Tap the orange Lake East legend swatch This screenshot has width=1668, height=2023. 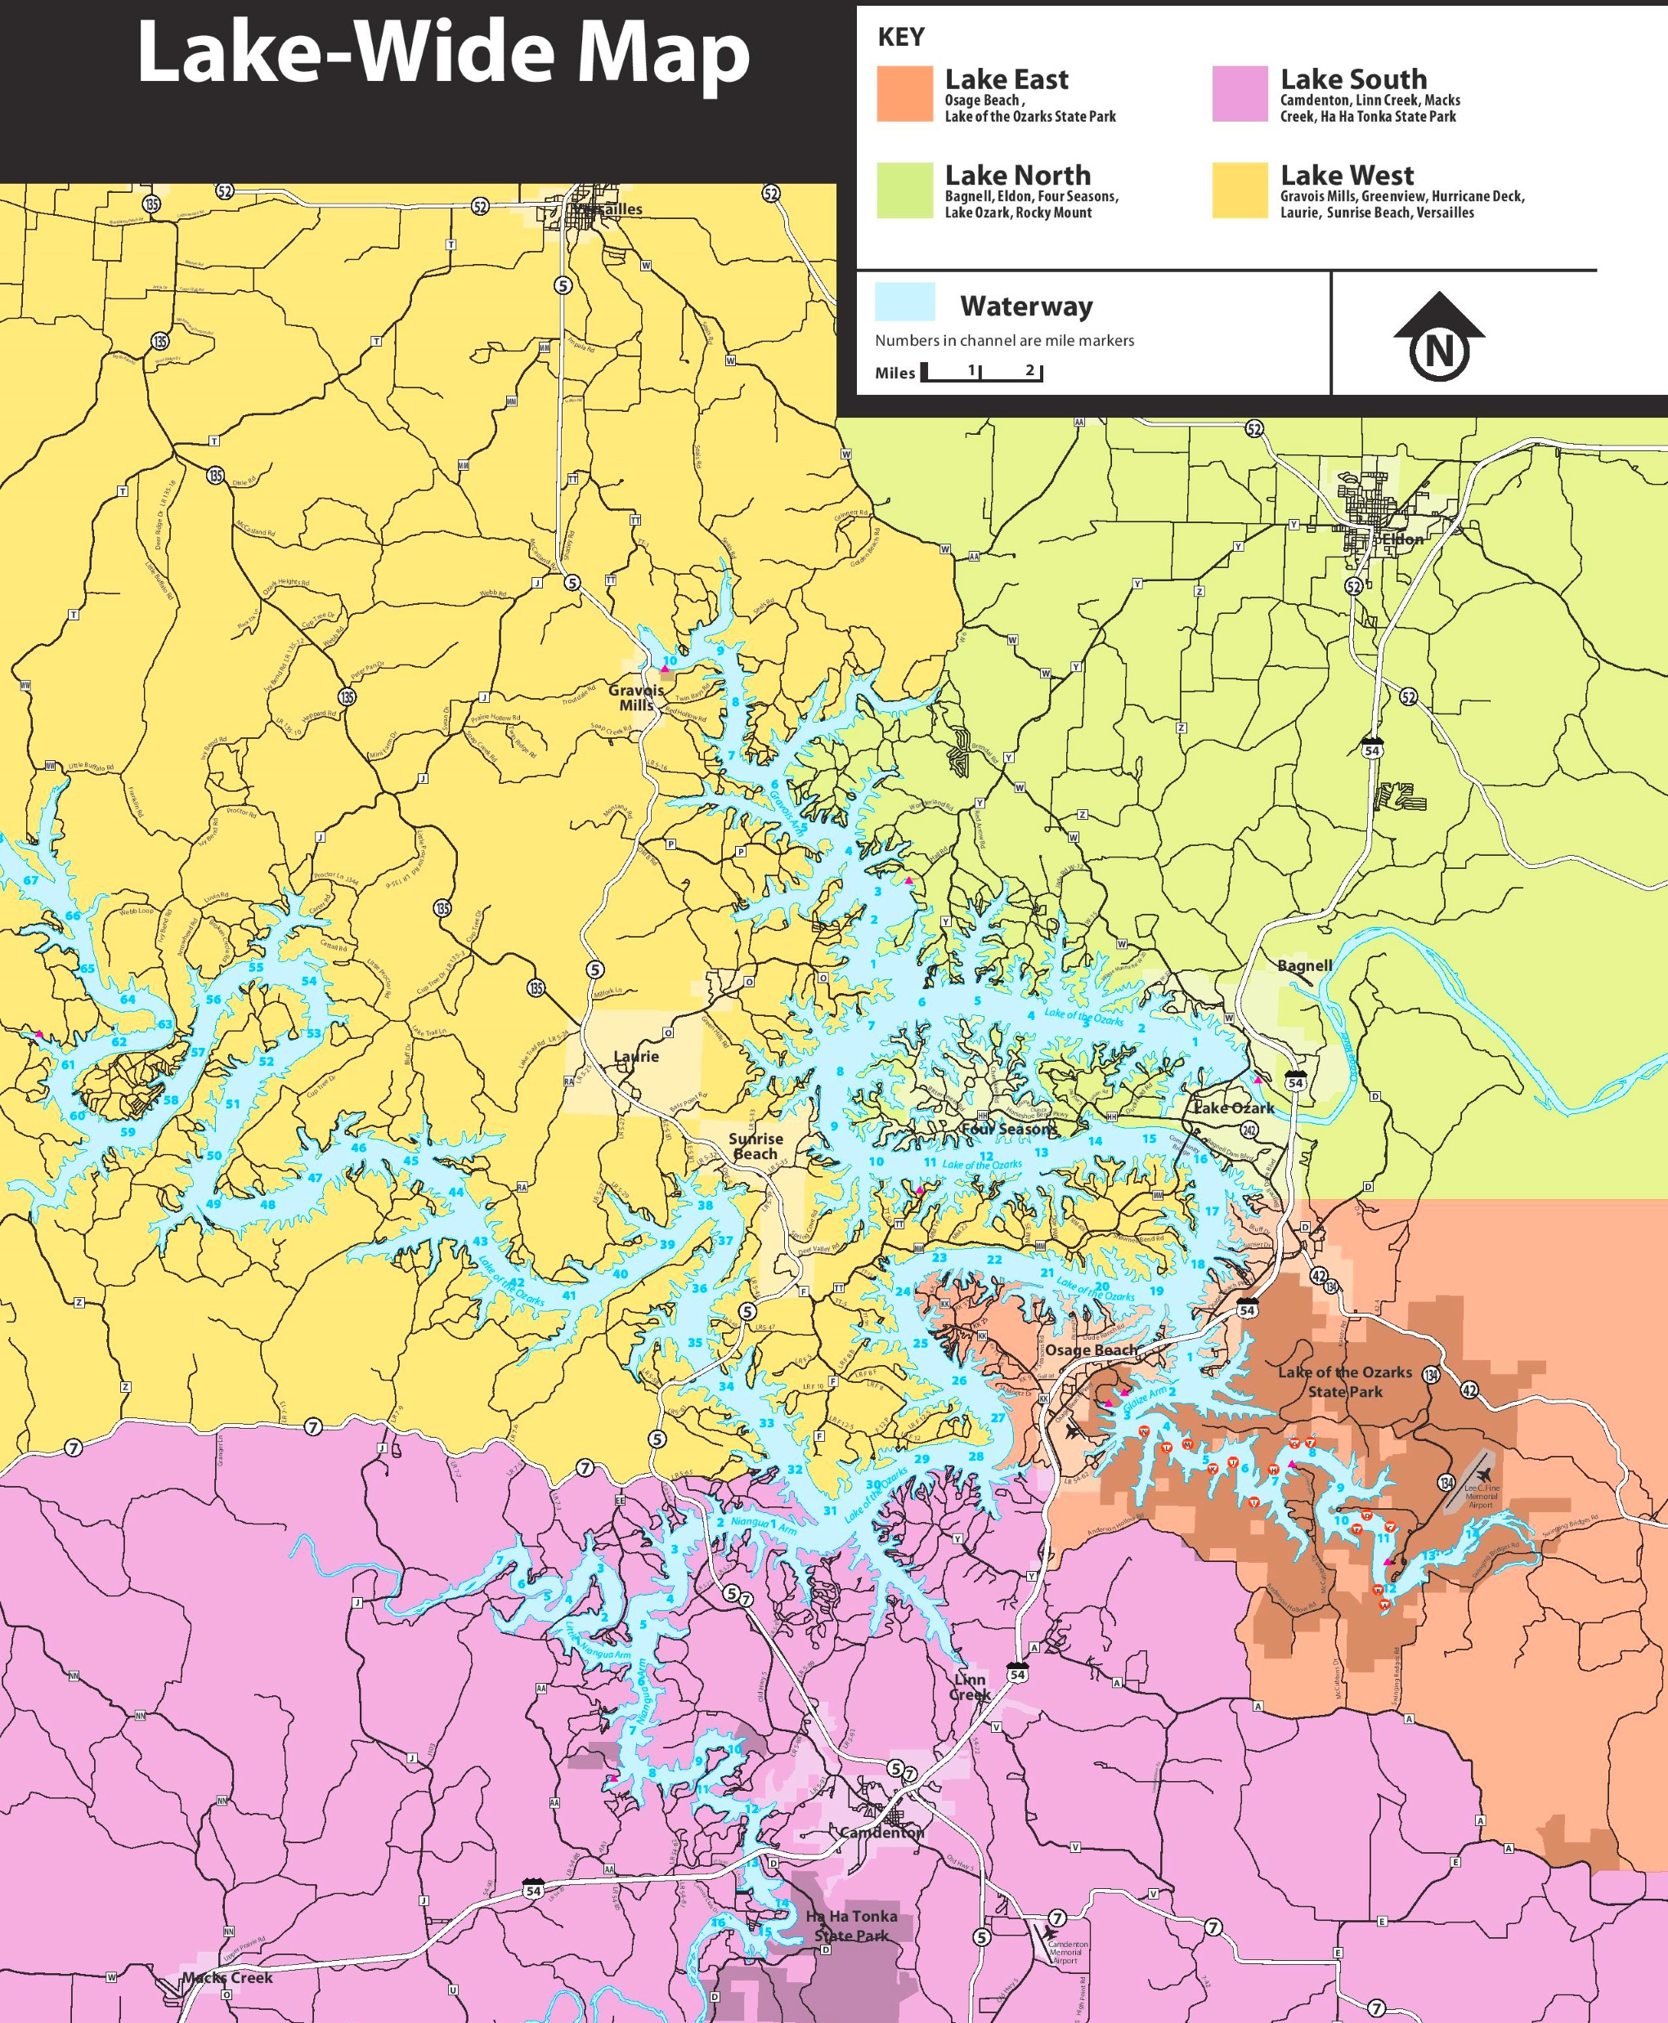[x=904, y=94]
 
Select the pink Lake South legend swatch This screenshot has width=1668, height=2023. [x=1240, y=94]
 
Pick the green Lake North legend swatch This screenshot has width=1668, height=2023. [x=904, y=190]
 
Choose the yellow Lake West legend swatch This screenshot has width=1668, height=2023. [x=1240, y=190]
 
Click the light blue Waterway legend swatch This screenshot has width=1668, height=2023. [x=904, y=302]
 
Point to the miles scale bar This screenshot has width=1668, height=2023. [x=981, y=372]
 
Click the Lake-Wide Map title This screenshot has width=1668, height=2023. [x=443, y=54]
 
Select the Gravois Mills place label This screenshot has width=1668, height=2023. [x=636, y=697]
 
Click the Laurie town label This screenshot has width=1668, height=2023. [x=636, y=1057]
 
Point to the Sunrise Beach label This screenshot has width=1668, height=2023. [x=756, y=1146]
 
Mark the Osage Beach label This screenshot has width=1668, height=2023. [x=1091, y=1349]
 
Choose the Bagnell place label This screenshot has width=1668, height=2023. [x=1304, y=965]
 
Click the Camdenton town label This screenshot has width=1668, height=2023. [x=881, y=1833]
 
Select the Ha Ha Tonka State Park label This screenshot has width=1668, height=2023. [x=851, y=1925]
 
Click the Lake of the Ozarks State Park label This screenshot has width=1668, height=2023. [x=1344, y=1381]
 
